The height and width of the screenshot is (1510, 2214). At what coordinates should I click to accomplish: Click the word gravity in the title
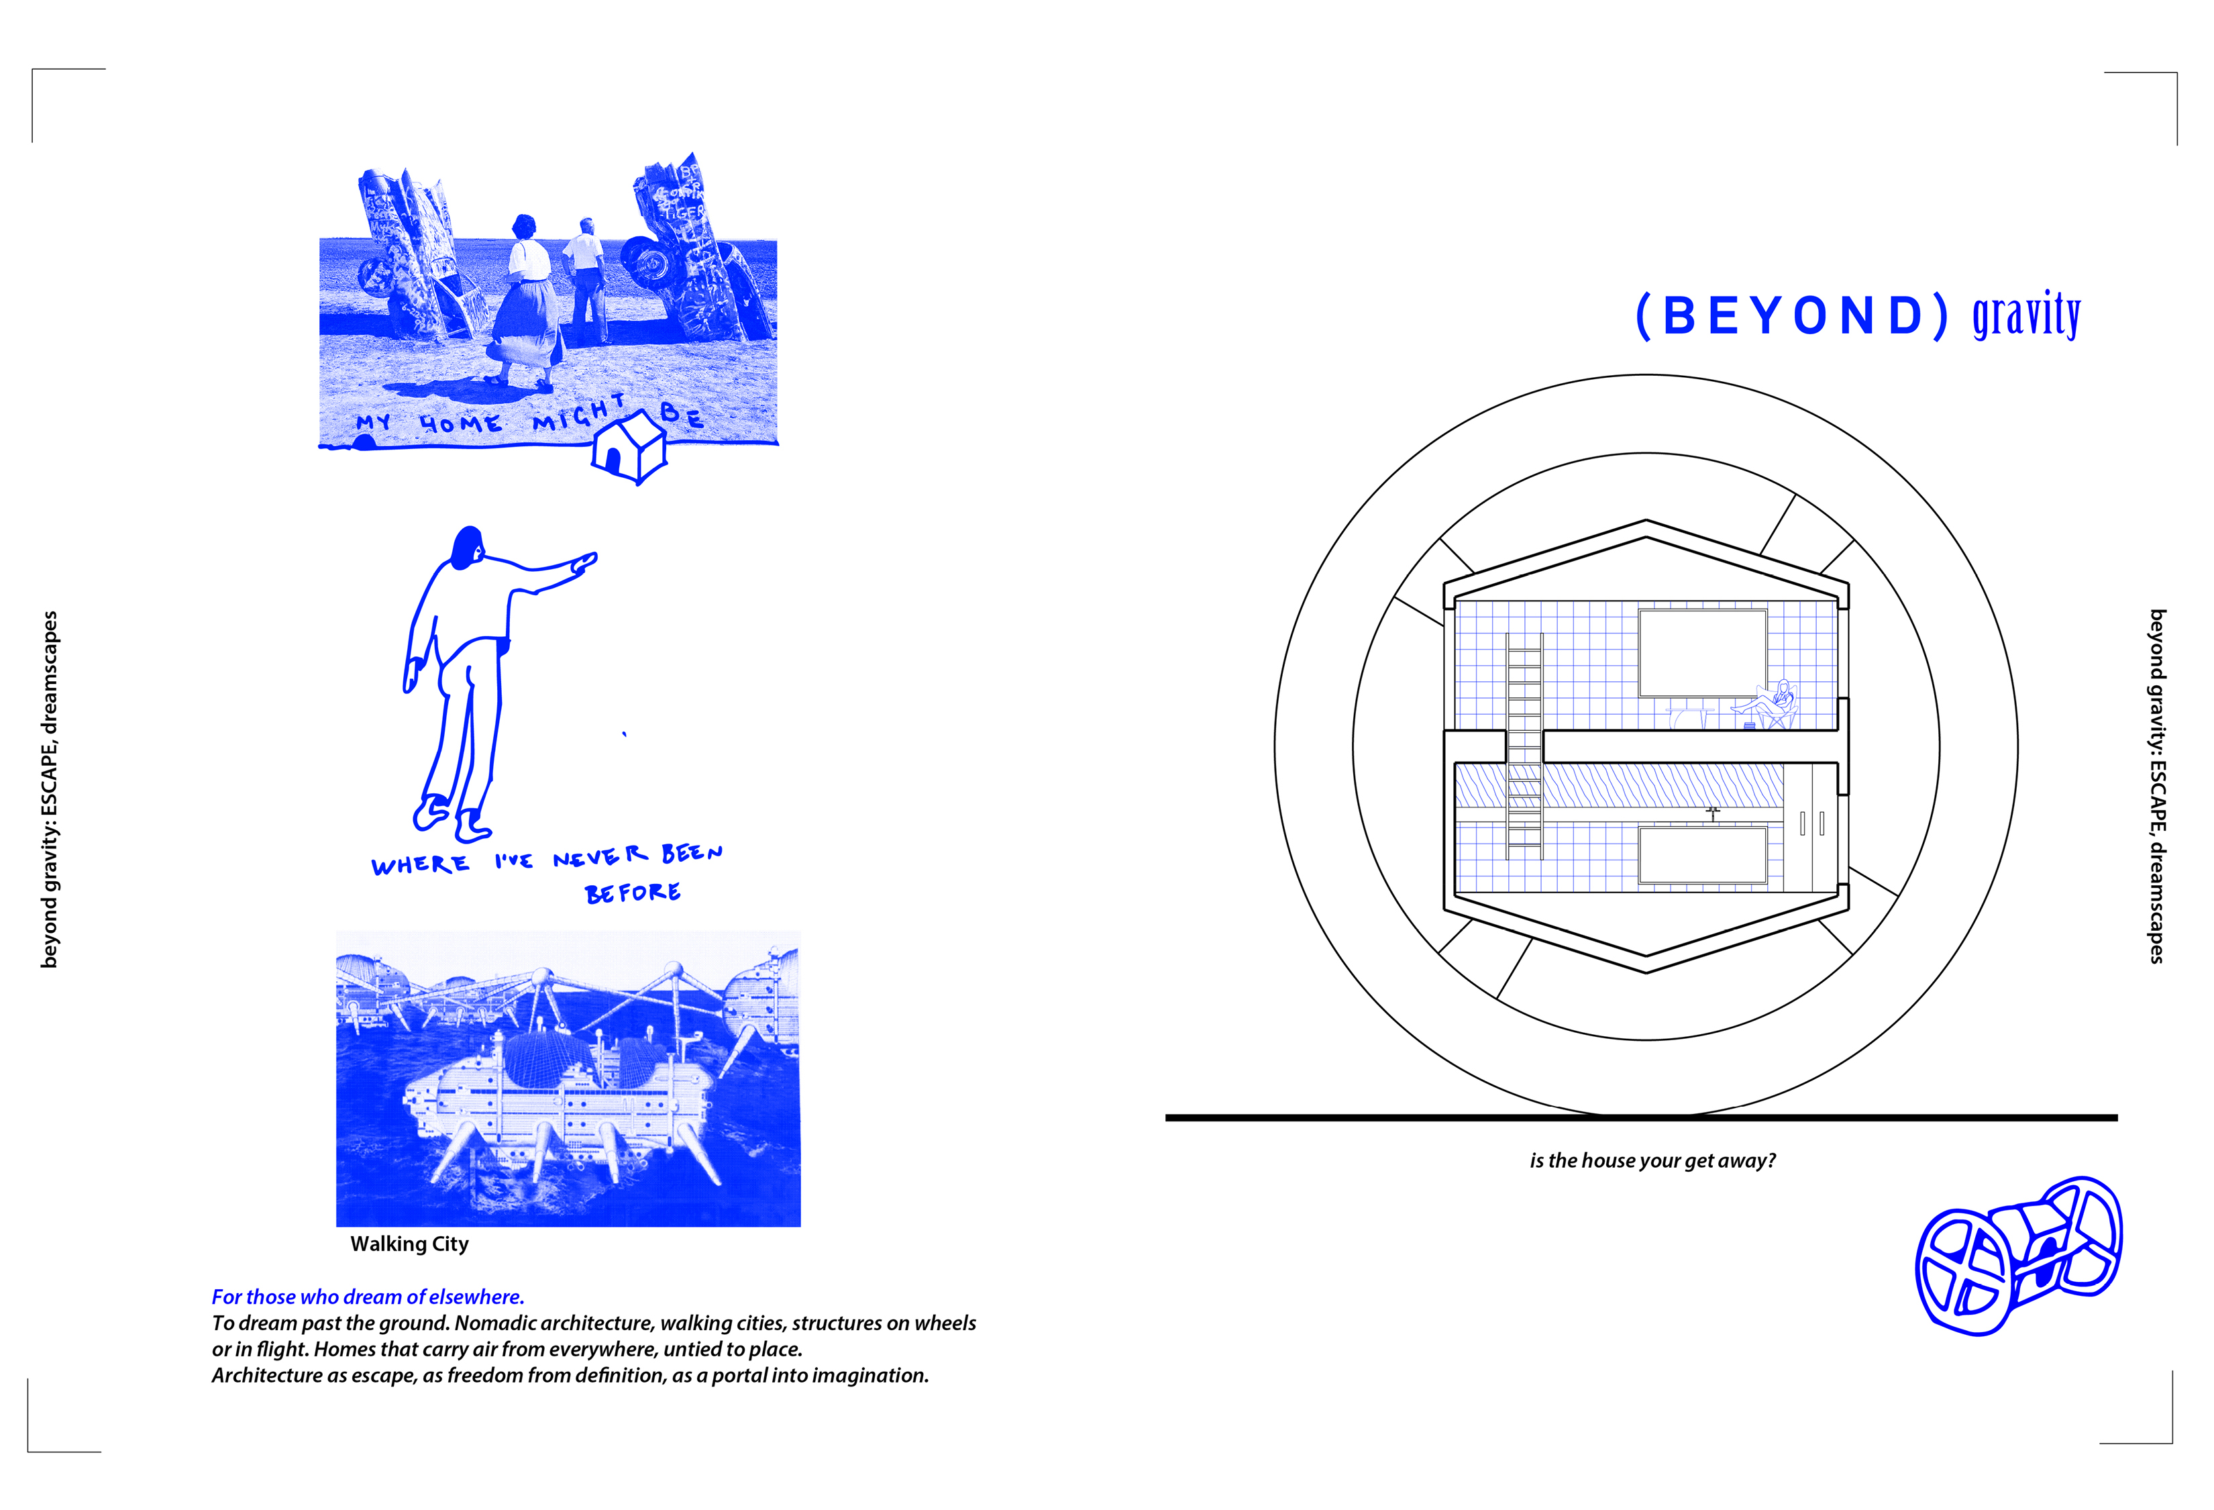[x=2025, y=315]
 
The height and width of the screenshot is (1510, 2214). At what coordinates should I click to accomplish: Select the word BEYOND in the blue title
[x=1792, y=316]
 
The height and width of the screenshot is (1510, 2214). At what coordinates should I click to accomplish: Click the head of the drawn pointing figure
[x=468, y=548]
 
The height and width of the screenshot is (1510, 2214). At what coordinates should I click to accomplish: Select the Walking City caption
[x=410, y=1244]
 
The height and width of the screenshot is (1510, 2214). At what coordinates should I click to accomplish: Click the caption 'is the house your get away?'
[x=1652, y=1160]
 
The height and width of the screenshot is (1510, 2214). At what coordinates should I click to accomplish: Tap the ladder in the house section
[x=1524, y=745]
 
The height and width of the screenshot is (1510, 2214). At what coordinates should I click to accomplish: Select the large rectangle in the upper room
[x=1702, y=654]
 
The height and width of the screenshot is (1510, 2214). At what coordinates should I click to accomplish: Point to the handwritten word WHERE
[x=420, y=865]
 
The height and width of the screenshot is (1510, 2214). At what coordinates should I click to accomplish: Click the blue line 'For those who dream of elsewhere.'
[x=368, y=1297]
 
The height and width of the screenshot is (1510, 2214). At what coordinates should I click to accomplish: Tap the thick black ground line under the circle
[x=1640, y=1117]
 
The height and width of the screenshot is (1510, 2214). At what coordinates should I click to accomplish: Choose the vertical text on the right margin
[x=2157, y=786]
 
